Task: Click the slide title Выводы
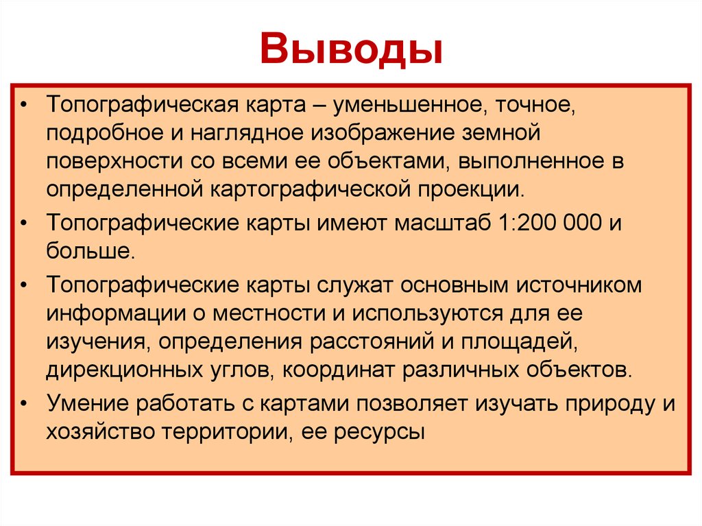350,50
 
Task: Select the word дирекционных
123,369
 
